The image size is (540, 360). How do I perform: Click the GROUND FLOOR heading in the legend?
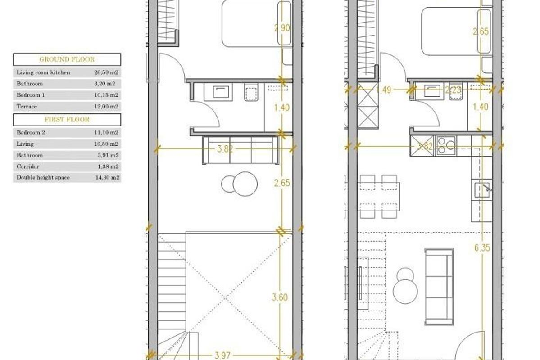(x=67, y=59)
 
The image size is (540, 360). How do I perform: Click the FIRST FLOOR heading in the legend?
(x=67, y=120)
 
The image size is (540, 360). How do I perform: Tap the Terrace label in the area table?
(x=27, y=107)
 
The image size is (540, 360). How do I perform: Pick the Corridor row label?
(x=25, y=166)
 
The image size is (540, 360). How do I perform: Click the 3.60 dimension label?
(x=281, y=297)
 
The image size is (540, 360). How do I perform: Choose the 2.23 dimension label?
(x=454, y=90)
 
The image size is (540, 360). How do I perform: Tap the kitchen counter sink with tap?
(x=482, y=189)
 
